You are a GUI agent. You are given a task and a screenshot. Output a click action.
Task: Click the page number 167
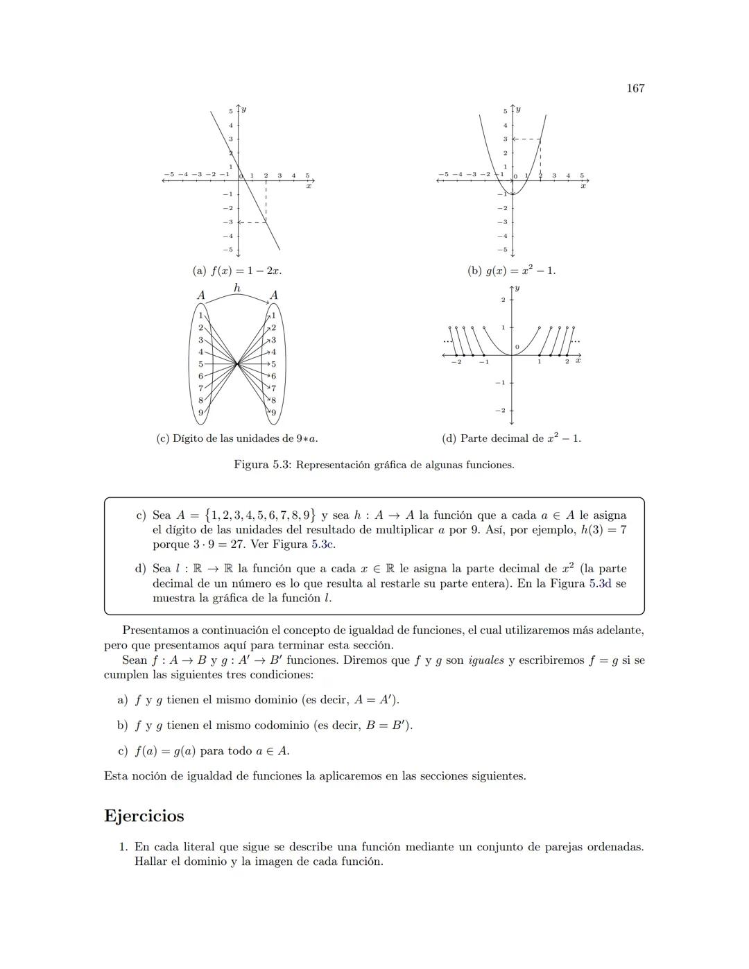pos(635,88)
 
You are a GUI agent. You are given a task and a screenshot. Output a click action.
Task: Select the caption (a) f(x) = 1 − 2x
pos(236,271)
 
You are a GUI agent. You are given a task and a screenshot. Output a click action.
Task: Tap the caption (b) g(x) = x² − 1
pos(511,271)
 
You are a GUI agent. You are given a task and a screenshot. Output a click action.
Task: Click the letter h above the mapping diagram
pos(237,287)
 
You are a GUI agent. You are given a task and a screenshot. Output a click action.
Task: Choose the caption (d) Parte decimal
pos(511,438)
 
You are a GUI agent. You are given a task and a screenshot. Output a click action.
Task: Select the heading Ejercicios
pos(144,816)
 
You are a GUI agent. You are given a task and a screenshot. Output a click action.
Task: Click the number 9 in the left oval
pos(201,413)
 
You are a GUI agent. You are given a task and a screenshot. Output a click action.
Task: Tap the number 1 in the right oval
pos(273,316)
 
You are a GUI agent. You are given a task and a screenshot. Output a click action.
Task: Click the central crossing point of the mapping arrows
pos(237,363)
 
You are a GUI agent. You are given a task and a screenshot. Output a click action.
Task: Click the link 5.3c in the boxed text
pos(323,544)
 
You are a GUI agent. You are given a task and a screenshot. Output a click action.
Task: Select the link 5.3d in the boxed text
pos(600,583)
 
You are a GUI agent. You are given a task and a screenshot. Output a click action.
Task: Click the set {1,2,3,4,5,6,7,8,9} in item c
pos(261,515)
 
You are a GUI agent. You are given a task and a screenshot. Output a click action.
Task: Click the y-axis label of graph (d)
pos(517,288)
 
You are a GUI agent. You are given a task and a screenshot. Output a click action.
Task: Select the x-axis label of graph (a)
pos(309,186)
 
